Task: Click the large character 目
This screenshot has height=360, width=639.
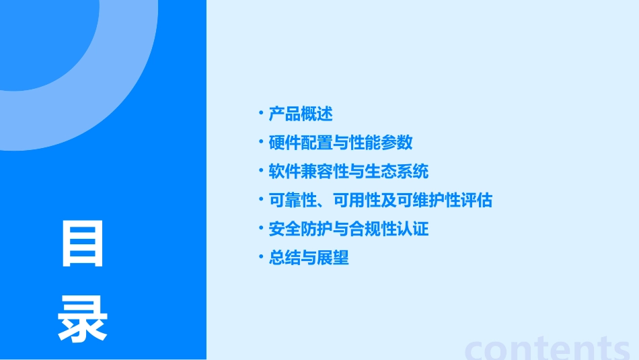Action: (83, 244)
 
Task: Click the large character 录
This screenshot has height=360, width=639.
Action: (83, 320)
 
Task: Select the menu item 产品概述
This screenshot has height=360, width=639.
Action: (301, 114)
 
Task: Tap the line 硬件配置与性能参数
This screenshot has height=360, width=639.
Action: (340, 143)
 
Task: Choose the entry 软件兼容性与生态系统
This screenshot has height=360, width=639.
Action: (348, 172)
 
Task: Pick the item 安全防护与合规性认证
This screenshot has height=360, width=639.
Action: (348, 229)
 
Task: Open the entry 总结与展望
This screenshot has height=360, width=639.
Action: (309, 258)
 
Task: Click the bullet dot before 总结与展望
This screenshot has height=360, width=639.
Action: (261, 257)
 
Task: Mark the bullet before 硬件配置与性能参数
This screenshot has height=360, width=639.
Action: (261, 142)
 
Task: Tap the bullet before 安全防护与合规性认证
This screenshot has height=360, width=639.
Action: (261, 228)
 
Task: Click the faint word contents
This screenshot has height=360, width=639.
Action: (548, 348)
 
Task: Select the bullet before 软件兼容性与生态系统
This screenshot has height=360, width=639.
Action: (261, 171)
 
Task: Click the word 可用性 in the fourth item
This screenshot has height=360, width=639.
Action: (356, 201)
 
